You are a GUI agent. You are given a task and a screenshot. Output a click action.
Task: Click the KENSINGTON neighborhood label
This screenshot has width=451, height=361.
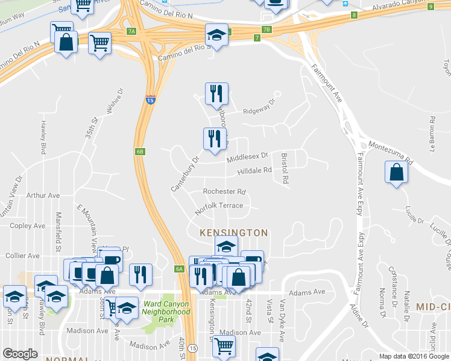(x=235, y=232)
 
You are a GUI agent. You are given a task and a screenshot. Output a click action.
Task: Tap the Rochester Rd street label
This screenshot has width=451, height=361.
(x=224, y=192)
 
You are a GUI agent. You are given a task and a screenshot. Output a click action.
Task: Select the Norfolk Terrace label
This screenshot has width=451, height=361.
(x=219, y=206)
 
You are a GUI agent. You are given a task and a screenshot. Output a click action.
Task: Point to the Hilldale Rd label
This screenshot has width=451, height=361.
(x=255, y=171)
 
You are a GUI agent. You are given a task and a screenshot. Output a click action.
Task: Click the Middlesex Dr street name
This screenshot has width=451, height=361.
(x=247, y=157)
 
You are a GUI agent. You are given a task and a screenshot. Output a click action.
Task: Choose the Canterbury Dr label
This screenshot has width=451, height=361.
(x=185, y=174)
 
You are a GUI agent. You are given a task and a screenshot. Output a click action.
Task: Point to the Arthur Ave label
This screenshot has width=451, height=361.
(x=43, y=196)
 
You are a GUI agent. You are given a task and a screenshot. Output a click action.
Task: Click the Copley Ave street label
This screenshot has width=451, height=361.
(x=28, y=226)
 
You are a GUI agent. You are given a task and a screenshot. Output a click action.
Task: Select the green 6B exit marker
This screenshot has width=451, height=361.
(x=140, y=152)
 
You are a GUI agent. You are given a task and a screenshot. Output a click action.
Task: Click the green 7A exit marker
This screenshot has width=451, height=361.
(x=132, y=31)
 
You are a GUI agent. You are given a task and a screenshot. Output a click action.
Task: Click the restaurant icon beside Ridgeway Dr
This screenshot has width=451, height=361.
(x=216, y=93)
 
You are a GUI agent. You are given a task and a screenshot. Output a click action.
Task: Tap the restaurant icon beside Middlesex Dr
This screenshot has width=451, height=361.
(x=214, y=139)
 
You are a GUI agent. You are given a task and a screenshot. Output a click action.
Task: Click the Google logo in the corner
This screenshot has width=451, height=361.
(x=20, y=354)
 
